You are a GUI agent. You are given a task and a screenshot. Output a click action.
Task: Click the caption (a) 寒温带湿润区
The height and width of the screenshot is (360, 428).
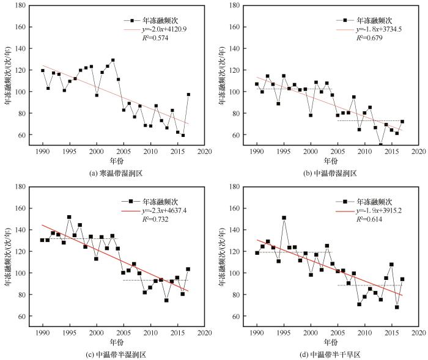(x=116, y=173)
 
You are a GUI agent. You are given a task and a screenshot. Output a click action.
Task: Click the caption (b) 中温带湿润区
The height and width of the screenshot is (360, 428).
(x=331, y=173)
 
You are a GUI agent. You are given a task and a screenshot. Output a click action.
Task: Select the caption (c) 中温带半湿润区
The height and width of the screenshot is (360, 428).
(x=116, y=354)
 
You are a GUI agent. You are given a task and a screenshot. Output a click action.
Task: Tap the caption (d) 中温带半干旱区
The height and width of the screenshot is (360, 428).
(x=331, y=354)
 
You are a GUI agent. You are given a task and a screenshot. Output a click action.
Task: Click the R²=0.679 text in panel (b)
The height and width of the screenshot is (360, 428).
(x=369, y=38)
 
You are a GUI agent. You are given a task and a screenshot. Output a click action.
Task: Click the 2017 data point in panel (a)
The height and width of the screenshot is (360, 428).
(x=188, y=95)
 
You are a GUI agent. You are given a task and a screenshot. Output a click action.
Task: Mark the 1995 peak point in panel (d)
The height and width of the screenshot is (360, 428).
(x=284, y=218)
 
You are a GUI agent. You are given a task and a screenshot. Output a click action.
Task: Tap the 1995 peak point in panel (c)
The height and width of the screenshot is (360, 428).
(x=70, y=217)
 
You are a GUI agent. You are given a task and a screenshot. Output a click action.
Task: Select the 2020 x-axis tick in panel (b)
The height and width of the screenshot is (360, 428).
(x=418, y=151)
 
